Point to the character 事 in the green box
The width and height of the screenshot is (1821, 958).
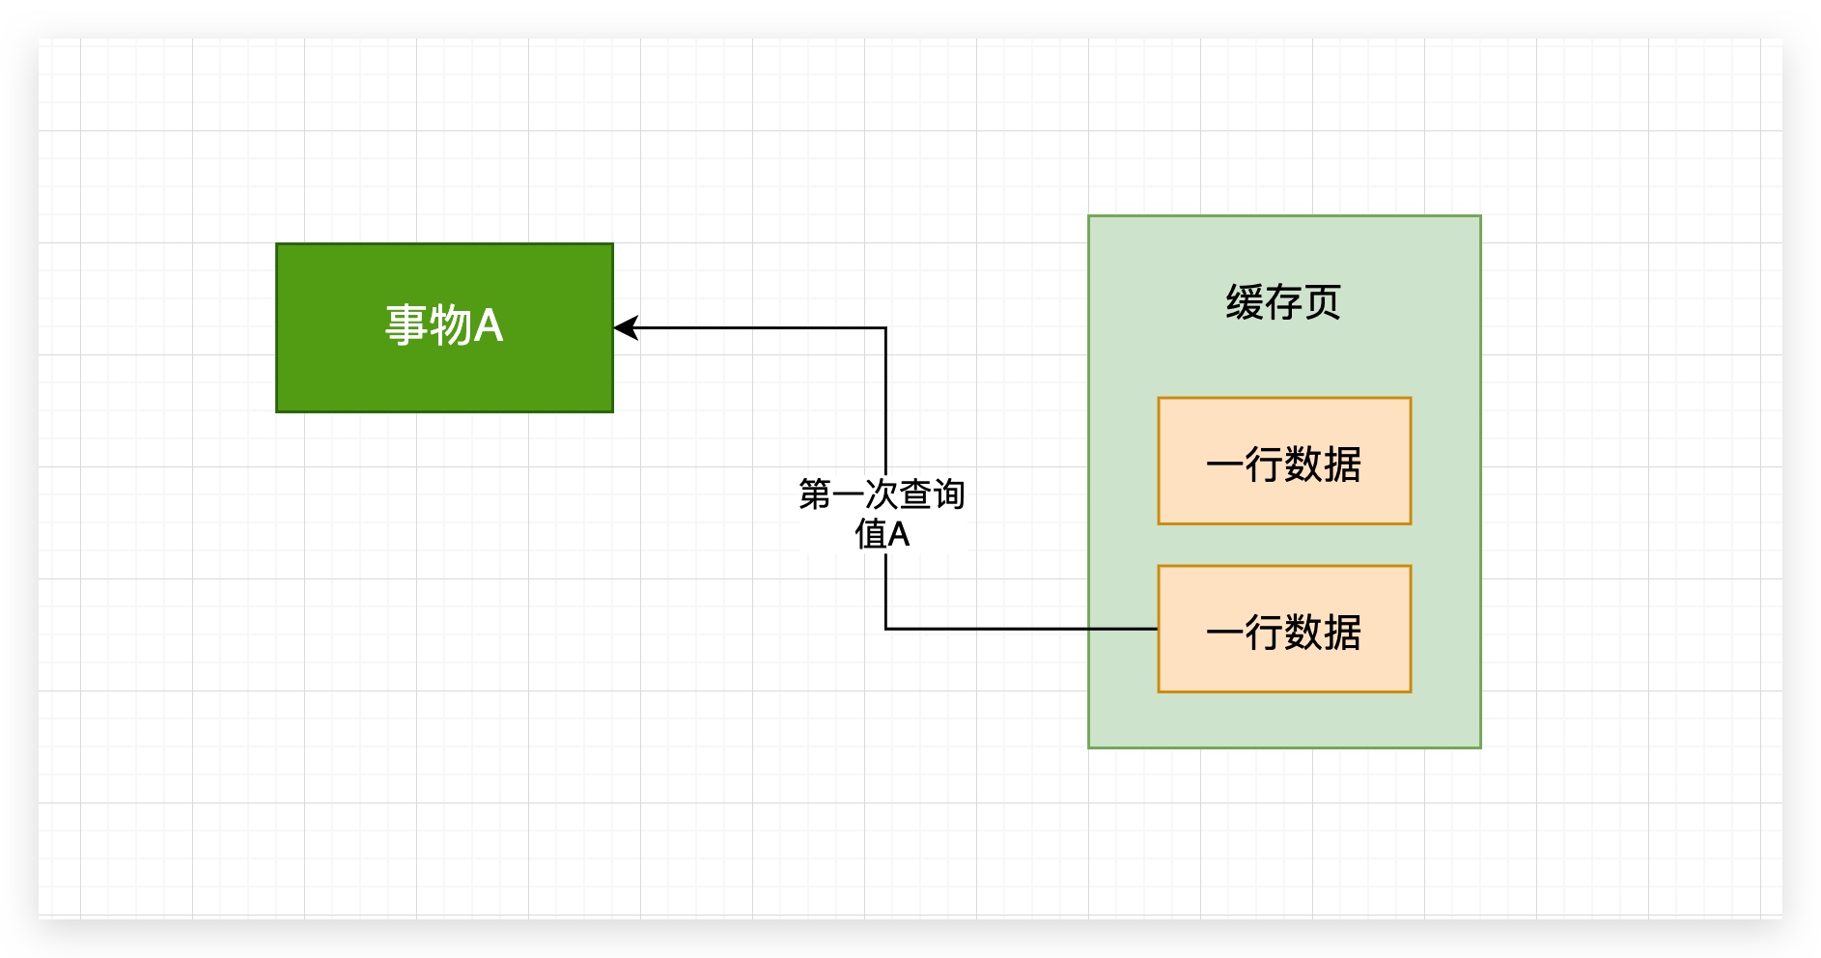pos(406,325)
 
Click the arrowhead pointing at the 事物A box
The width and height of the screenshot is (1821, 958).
pos(625,328)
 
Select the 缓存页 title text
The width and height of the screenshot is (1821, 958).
pos(1283,302)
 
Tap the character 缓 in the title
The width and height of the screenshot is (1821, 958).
pos(1245,302)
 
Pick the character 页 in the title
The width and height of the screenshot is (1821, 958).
pos(1323,302)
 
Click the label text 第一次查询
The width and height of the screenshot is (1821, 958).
pos(882,494)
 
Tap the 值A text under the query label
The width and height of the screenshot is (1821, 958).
pos(882,533)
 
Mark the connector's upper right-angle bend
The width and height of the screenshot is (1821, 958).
pos(885,328)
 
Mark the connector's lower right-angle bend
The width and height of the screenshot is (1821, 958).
pos(885,629)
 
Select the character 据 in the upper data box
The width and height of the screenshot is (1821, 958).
pos(1343,465)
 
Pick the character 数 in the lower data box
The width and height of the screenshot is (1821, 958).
pos(1303,633)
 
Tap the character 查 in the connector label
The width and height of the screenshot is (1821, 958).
pos(915,494)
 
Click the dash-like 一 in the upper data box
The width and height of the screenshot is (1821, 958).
pos(1224,465)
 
